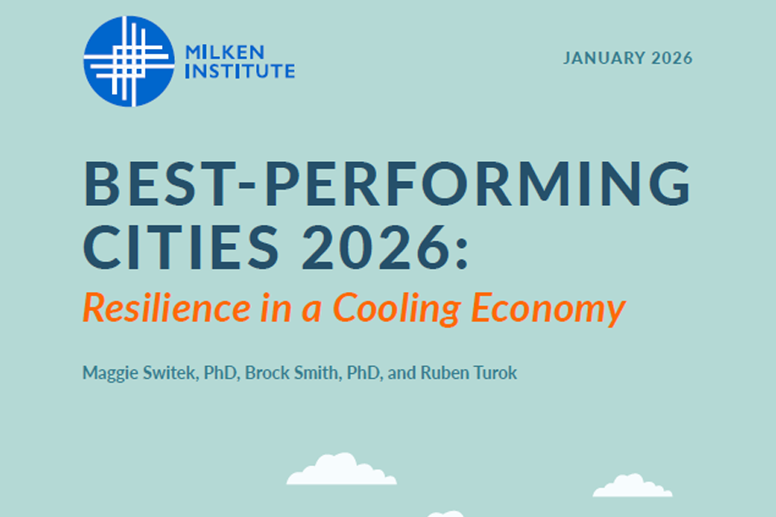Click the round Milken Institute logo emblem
coord(128,61)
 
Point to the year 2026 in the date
coord(672,59)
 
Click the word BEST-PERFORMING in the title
coord(387,184)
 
